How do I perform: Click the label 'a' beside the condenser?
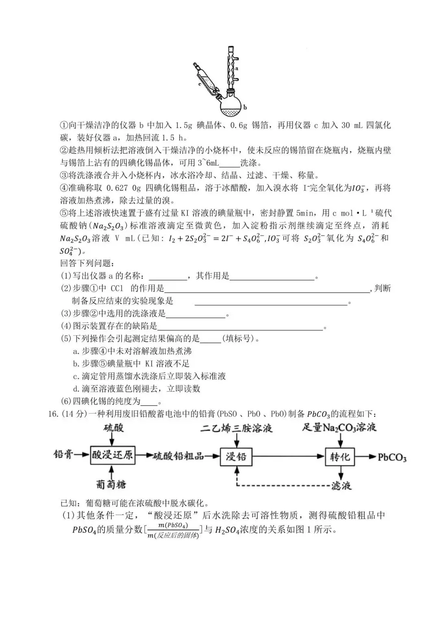click(237, 69)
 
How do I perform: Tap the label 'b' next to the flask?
click(246, 107)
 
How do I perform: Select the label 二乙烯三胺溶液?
click(236, 428)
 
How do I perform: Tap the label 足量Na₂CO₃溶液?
click(339, 427)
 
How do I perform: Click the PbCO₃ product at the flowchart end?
click(392, 457)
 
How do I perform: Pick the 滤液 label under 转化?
click(341, 486)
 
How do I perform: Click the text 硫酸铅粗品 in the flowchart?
click(178, 456)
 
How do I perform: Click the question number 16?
click(51, 414)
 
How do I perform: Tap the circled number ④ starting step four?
click(65, 188)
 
